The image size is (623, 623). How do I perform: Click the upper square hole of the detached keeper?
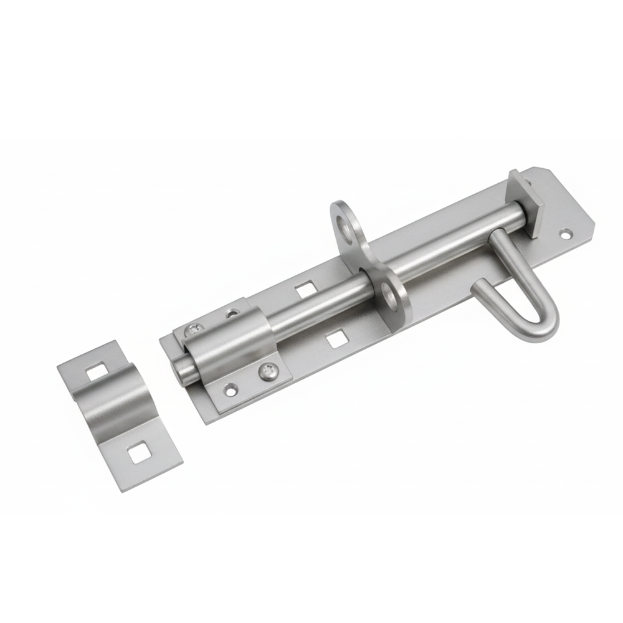(96, 373)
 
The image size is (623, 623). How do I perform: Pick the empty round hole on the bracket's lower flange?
(231, 391)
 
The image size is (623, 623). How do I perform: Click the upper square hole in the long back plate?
(305, 289)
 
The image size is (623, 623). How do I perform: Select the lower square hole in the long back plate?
(337, 338)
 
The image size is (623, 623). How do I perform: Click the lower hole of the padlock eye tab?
(391, 293)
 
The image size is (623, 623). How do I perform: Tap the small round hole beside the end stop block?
(565, 235)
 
